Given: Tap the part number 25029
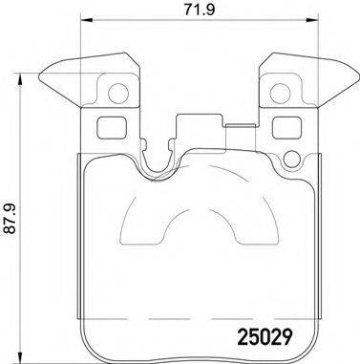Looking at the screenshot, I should [263, 337].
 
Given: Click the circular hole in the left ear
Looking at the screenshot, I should [117, 94].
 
